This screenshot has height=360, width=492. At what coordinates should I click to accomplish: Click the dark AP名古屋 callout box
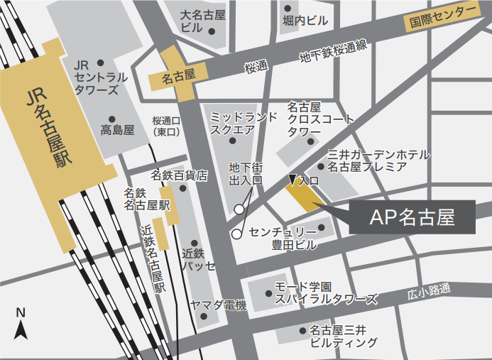coord(412,217)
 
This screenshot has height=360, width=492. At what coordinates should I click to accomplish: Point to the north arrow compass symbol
coord(21,325)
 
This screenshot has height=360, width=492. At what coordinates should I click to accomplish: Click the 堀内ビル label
coord(305,21)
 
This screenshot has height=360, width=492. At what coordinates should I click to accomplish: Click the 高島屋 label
coord(117,130)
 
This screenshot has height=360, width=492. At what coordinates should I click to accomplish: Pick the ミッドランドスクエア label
coord(243,123)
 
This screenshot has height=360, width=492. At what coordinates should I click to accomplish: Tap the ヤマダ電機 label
coord(217,305)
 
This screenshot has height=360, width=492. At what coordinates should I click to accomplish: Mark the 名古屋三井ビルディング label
coord(344,336)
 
